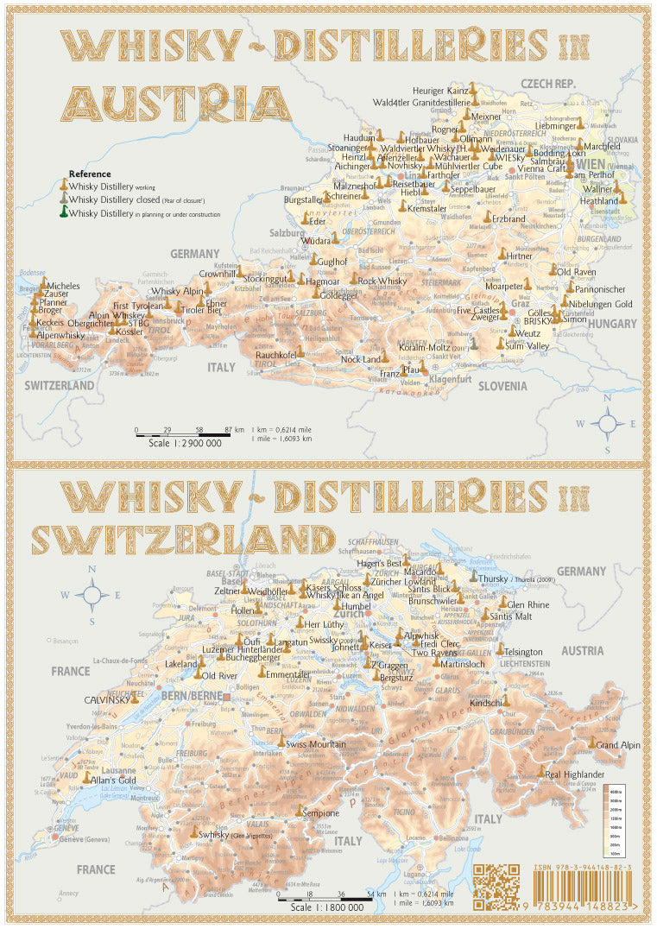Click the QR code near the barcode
pos(496,888)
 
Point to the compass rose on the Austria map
pos(608,423)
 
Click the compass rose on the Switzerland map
pos(92,595)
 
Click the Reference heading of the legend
pos(89,174)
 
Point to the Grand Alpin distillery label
pos(618,744)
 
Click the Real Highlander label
pos(574,774)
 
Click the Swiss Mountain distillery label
pos(316,743)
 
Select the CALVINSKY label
pos(106,700)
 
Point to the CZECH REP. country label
pos(547,83)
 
